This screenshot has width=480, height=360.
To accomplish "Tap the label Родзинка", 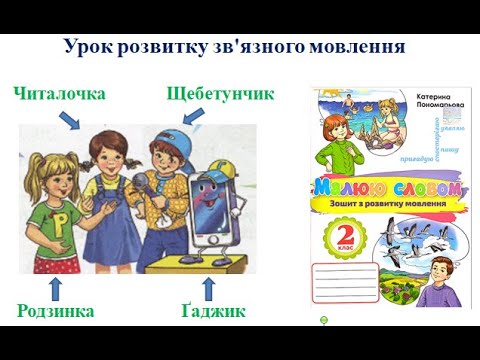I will [x=56, y=311].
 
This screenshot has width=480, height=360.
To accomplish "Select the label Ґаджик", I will [x=213, y=311].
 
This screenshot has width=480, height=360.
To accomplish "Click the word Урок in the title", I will [x=88, y=47].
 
